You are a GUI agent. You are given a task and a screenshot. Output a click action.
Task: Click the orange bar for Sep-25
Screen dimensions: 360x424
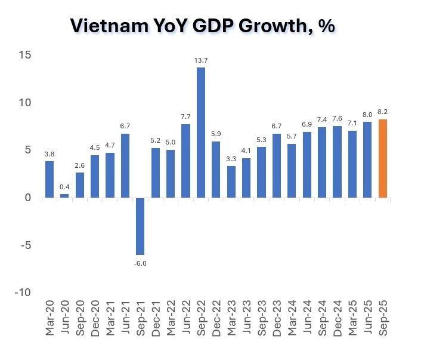pos(383,158)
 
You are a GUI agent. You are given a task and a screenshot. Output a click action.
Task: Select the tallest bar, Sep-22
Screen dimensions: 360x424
pos(201,132)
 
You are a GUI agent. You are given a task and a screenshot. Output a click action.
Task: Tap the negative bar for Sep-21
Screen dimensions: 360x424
pos(141,226)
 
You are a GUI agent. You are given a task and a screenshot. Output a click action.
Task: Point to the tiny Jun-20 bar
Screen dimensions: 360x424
pos(64,195)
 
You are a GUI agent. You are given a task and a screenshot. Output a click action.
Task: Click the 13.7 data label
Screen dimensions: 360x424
pos(201,60)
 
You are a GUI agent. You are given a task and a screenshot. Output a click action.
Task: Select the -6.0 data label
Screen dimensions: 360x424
pos(141,262)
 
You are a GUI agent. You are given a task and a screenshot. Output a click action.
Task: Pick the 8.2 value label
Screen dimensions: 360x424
pos(383,112)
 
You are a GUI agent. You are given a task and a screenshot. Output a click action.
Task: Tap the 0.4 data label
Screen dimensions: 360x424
pos(64,186)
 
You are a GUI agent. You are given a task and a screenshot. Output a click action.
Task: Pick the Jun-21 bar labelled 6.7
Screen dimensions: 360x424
pos(125,165)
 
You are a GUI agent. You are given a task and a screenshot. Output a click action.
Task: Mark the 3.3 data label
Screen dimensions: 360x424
pos(231,158)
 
